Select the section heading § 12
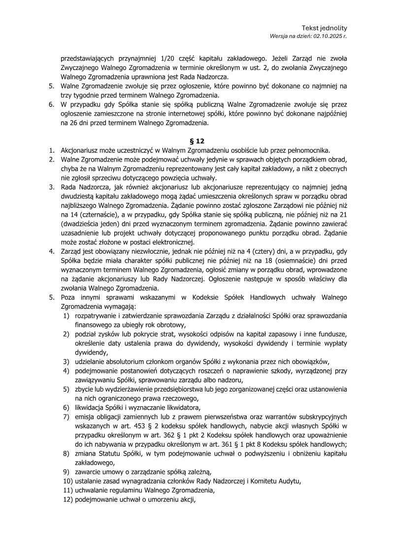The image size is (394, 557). click(197, 140)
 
